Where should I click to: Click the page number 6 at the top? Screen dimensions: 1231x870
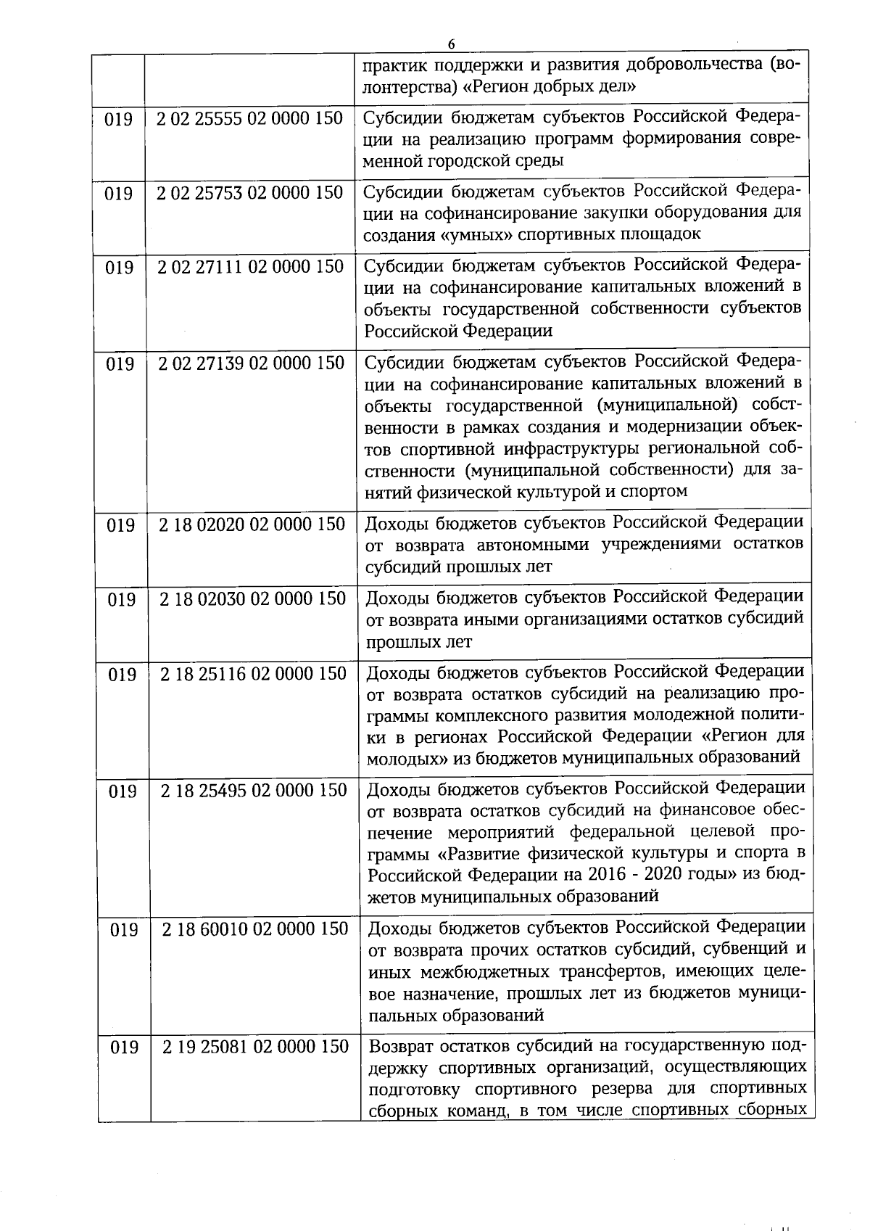tap(451, 44)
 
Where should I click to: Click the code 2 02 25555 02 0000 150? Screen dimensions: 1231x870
tap(249, 118)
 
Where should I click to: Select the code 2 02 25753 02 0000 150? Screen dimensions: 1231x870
tap(250, 193)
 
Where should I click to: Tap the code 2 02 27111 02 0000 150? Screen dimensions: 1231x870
tap(250, 267)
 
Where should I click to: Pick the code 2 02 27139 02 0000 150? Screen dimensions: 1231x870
tap(251, 363)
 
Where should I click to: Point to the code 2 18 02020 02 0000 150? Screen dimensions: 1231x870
tap(252, 524)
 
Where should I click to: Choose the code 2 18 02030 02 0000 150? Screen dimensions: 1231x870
tap(252, 599)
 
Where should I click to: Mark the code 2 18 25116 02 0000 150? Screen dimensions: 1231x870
tap(253, 674)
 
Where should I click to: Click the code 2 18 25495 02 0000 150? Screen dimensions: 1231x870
tap(254, 790)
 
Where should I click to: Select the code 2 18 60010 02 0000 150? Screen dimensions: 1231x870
tap(255, 929)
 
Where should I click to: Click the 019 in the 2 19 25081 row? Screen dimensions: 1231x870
tap(124, 1047)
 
